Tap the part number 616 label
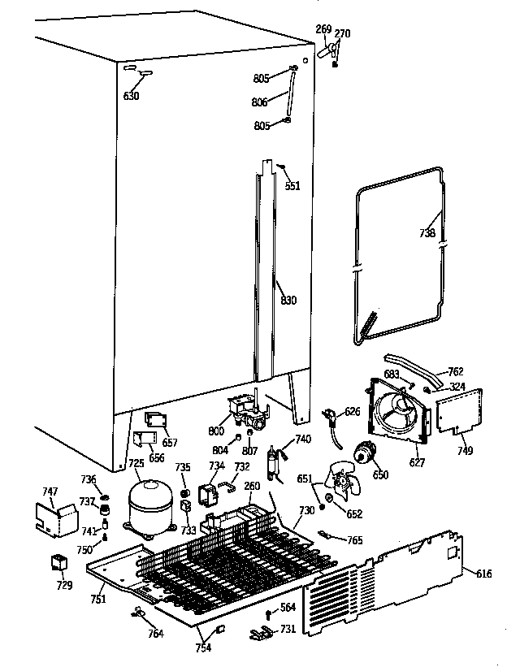483,574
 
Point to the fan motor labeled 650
366,457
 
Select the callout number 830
288,301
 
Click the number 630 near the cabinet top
131,96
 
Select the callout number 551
292,185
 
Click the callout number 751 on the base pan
97,600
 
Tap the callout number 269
323,30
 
